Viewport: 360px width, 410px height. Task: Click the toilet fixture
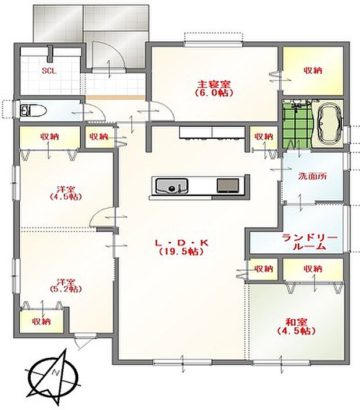click(34, 111)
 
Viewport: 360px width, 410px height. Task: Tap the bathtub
click(329, 126)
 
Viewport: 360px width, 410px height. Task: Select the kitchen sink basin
click(172, 186)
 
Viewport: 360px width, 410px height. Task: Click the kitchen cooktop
click(228, 186)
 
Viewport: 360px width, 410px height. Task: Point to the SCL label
click(49, 71)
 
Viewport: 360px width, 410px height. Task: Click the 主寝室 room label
click(214, 84)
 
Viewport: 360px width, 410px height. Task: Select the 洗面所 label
click(313, 177)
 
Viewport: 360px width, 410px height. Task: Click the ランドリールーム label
click(309, 242)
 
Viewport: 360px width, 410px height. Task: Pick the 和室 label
click(297, 322)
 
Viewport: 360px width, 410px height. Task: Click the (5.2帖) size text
click(66, 289)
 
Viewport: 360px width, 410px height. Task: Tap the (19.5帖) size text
click(181, 251)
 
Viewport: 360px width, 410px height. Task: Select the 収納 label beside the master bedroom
click(313, 71)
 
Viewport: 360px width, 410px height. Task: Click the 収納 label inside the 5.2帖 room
click(42, 321)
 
